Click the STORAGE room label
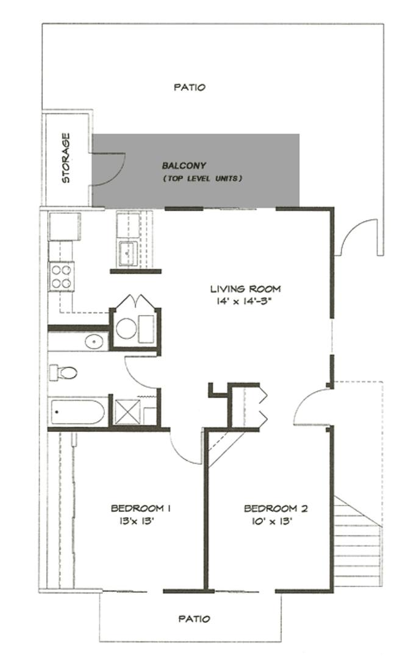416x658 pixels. coord(66,158)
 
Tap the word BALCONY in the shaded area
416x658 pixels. coord(184,165)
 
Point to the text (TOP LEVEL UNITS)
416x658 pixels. coord(203,179)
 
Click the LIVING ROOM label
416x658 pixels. coord(245,289)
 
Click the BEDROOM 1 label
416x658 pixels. coord(140,508)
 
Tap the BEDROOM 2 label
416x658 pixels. coord(276,508)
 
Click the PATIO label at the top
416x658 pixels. coord(190,87)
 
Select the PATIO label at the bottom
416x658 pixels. coord(194,618)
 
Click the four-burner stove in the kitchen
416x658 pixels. coord(62,277)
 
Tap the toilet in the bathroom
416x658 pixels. coord(63,372)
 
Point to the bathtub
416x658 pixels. coord(77,412)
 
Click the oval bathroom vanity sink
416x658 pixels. coord(94,341)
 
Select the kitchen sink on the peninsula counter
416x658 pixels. coord(128,253)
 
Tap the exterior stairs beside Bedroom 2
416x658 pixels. coord(357,542)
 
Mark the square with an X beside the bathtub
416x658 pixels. coord(127,412)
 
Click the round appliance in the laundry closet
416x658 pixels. coord(126,328)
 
